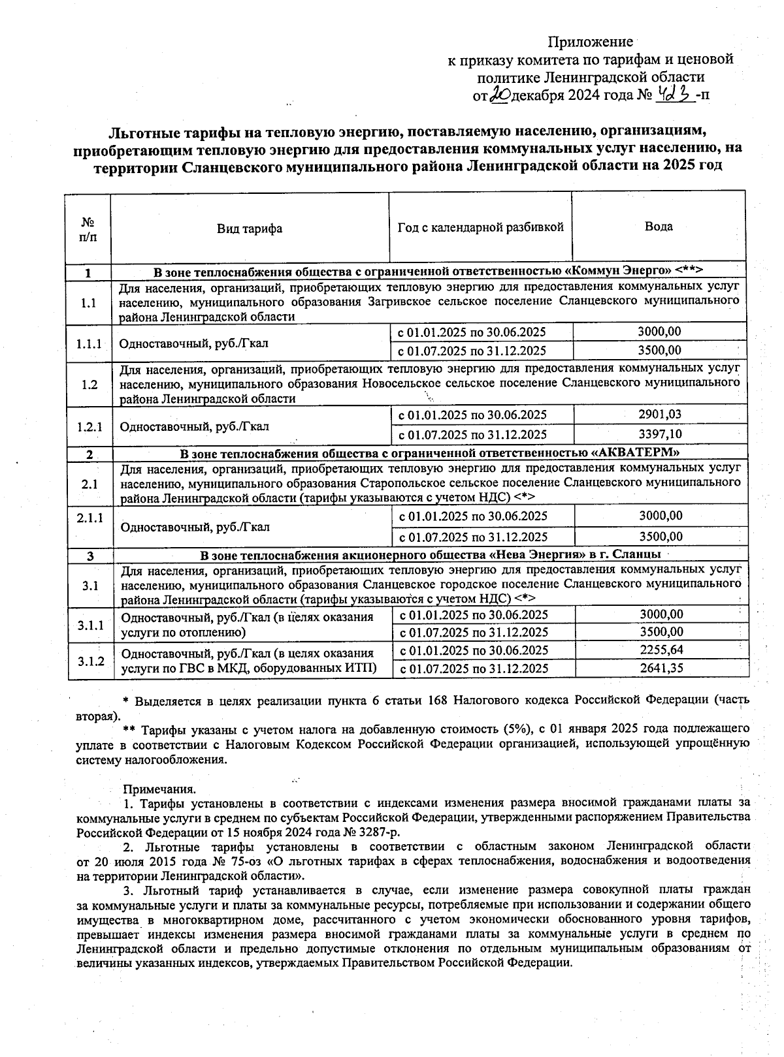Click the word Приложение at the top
pyautogui.click(x=590, y=42)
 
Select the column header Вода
pyautogui.click(x=658, y=227)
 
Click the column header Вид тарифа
pyautogui.click(x=250, y=229)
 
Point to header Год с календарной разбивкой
pyautogui.click(x=480, y=227)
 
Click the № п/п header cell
pyautogui.click(x=88, y=229)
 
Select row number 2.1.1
pyautogui.click(x=90, y=518)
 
